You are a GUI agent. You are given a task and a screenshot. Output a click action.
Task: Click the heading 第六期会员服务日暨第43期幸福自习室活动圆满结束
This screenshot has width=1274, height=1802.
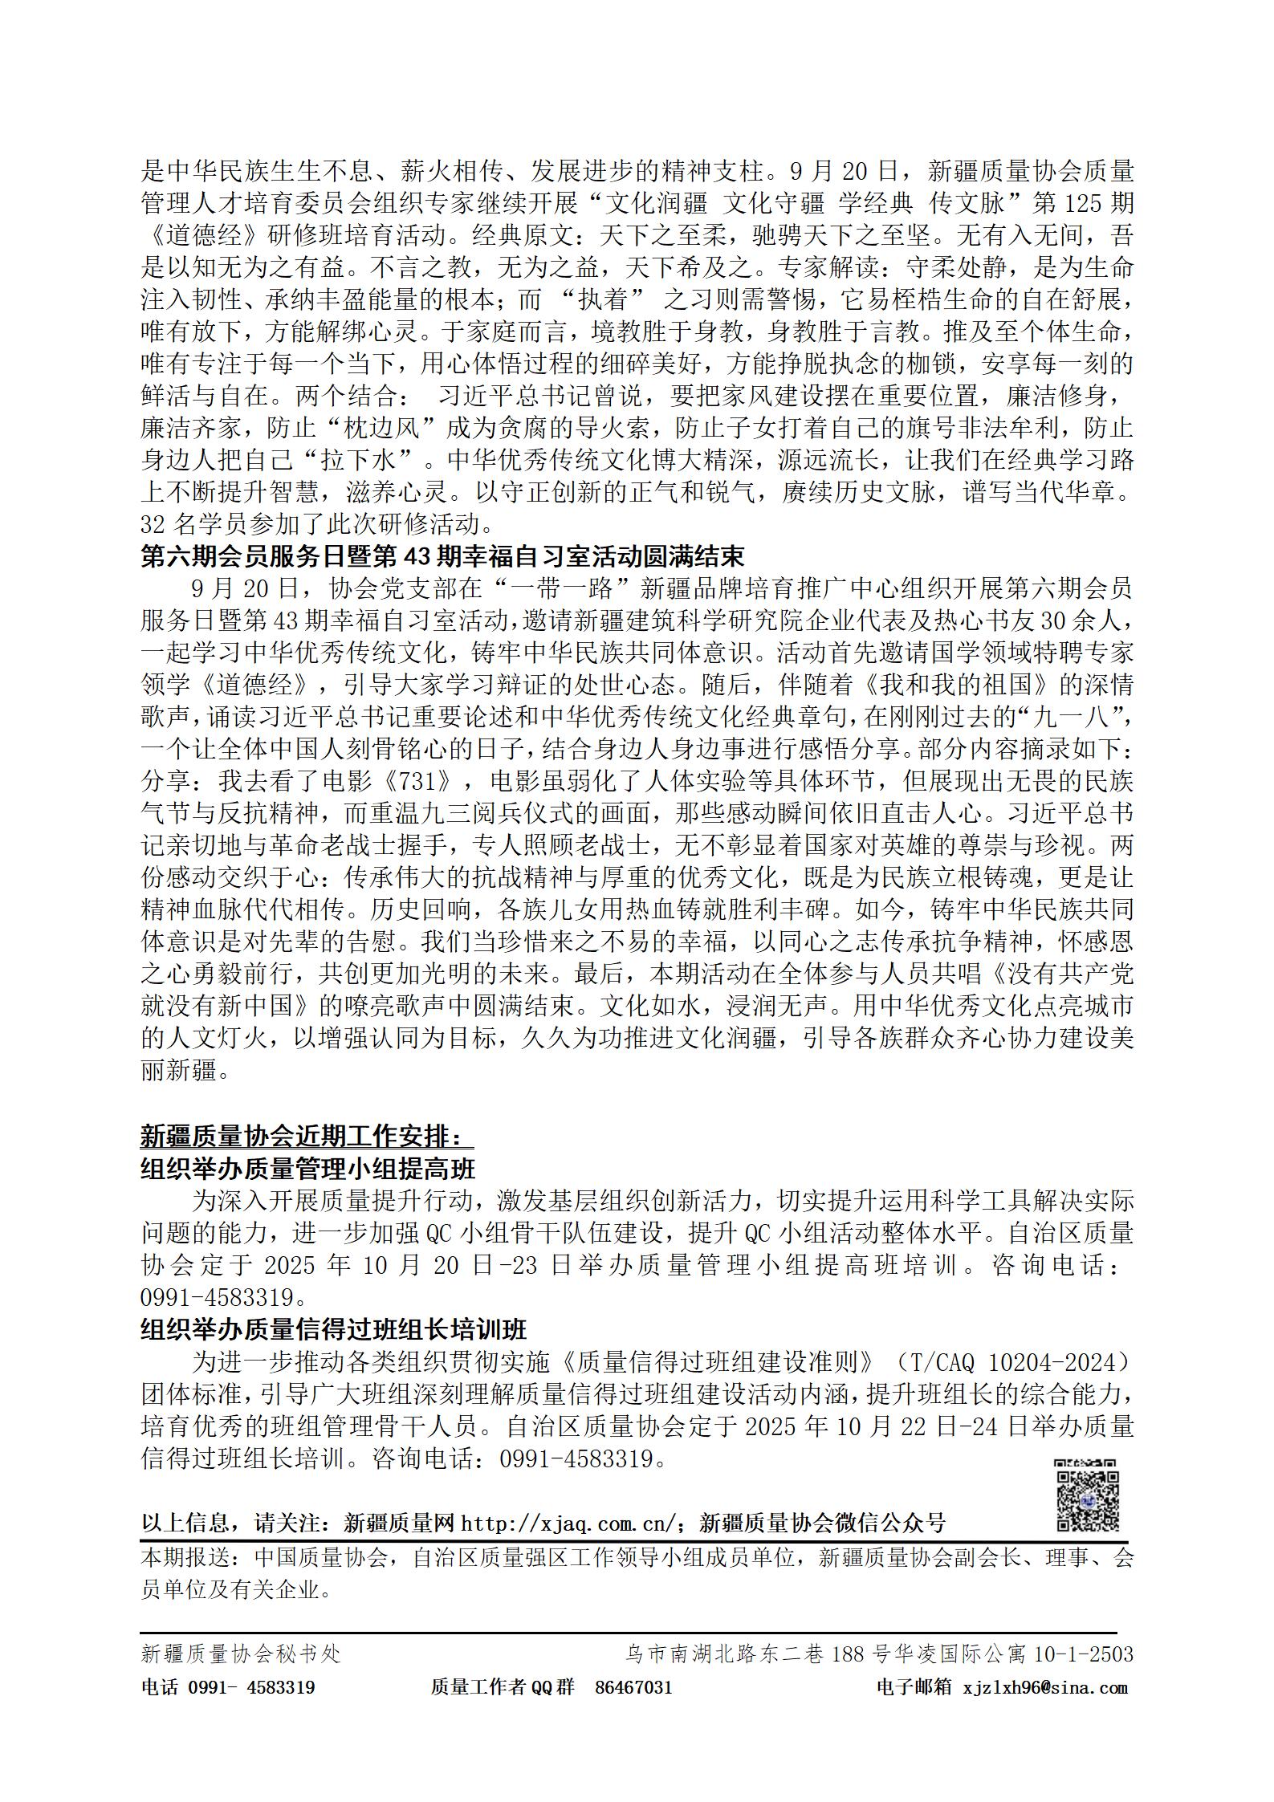(442, 557)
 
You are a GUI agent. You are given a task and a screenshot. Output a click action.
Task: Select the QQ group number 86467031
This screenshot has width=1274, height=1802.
(633, 1687)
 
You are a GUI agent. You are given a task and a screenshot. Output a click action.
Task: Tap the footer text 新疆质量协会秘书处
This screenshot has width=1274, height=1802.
(241, 1654)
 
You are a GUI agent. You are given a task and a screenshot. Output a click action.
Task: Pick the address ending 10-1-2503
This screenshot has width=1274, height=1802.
(879, 1654)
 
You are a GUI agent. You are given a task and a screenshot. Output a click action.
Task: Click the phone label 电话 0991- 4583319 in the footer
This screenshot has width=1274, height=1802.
(227, 1687)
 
